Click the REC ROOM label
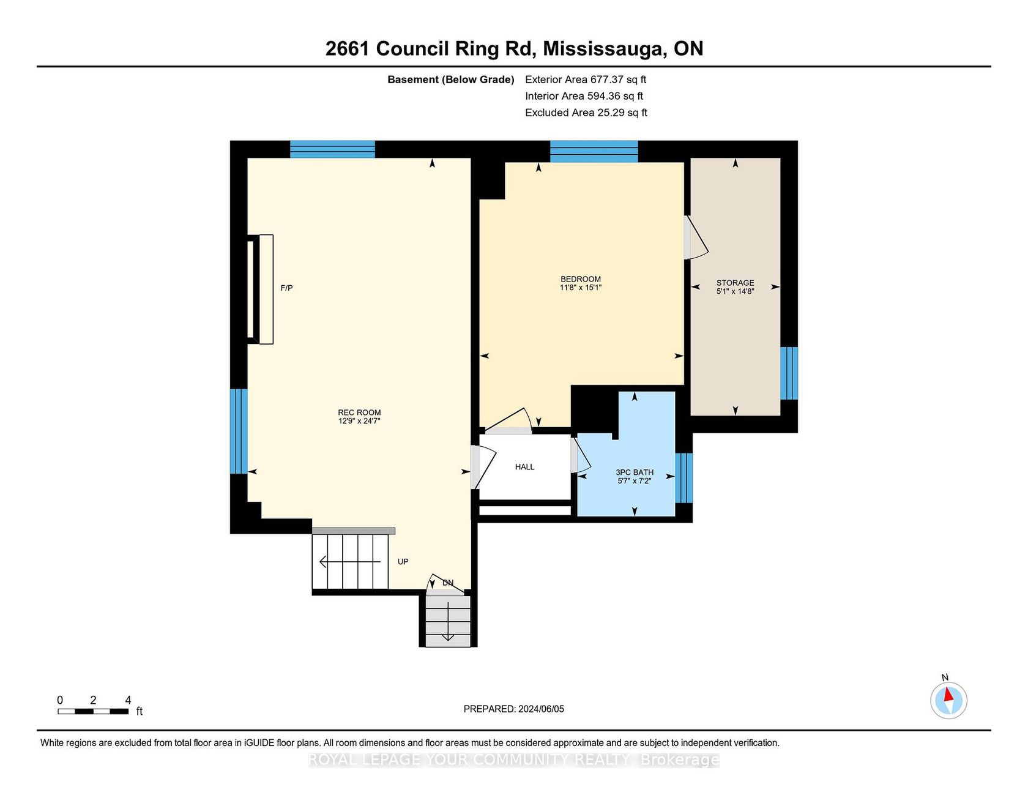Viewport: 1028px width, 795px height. coord(360,412)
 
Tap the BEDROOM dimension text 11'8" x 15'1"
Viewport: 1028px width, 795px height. coord(581,287)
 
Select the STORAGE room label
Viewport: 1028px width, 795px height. coord(736,283)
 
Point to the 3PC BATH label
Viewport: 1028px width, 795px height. coord(635,472)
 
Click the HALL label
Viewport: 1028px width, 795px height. coord(524,467)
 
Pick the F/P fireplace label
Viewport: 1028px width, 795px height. coord(286,288)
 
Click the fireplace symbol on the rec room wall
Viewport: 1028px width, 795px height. coord(261,289)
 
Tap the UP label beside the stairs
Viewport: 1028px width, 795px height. coord(403,561)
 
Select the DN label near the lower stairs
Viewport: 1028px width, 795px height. coord(448,583)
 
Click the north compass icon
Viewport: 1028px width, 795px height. coord(948,700)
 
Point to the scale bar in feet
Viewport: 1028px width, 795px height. coord(93,711)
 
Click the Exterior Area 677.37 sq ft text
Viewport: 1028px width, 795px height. coord(586,80)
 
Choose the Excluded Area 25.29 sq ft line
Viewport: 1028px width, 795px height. coord(586,113)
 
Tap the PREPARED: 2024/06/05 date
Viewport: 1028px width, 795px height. coord(514,709)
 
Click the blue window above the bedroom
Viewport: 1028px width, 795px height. coord(594,151)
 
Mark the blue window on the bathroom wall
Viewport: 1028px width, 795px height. coord(684,477)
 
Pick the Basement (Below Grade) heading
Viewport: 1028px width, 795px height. coord(451,80)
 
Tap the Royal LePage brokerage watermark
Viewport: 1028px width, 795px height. coord(514,760)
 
